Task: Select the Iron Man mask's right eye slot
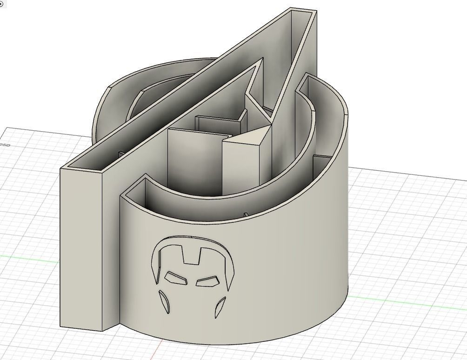click(207, 281)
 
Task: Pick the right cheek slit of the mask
click(220, 307)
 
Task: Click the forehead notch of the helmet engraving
click(192, 255)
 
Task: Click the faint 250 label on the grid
click(5, 145)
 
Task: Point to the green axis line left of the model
click(28, 256)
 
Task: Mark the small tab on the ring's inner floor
click(246, 215)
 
